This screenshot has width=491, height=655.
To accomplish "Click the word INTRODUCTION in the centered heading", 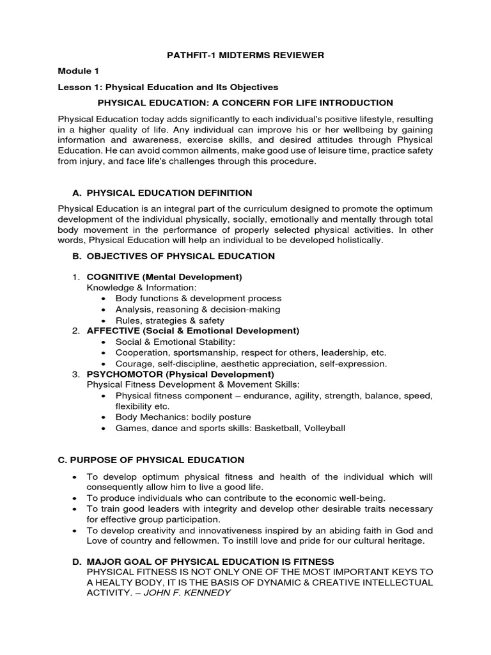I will [x=355, y=103].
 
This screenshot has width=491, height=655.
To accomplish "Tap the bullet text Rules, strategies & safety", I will [x=169, y=320].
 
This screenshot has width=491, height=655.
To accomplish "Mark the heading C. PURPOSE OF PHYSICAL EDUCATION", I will [x=151, y=460].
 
